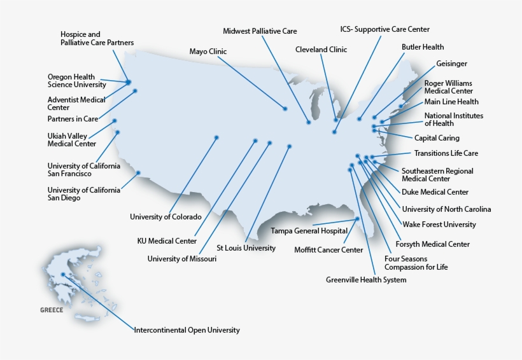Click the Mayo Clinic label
pyautogui.click(x=208, y=52)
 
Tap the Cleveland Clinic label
pyautogui.click(x=321, y=49)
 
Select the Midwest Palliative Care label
pyautogui.click(x=260, y=31)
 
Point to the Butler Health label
pyautogui.click(x=423, y=47)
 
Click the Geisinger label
pyautogui.click(x=451, y=64)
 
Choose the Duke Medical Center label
pyautogui.click(x=435, y=192)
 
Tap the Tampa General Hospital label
pyautogui.click(x=309, y=230)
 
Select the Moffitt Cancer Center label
pyautogui.click(x=328, y=250)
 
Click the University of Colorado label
pyautogui.click(x=166, y=217)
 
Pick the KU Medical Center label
pyautogui.click(x=167, y=241)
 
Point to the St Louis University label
pyautogui.click(x=246, y=248)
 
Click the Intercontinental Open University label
pyautogui.click(x=187, y=330)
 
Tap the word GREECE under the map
pyautogui.click(x=52, y=310)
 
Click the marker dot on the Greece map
pyautogui.click(x=63, y=275)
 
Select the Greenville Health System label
pyautogui.click(x=366, y=280)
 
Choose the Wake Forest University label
pyautogui.click(x=439, y=225)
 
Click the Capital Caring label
pyautogui.click(x=437, y=138)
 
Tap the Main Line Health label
pyautogui.click(x=451, y=102)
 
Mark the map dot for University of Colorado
pyautogui.click(x=216, y=137)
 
